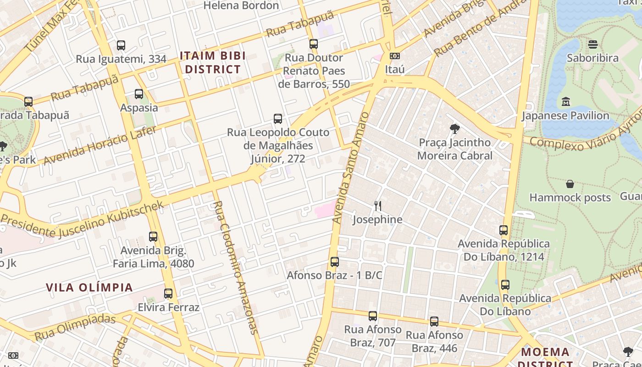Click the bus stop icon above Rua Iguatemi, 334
[x=121, y=45]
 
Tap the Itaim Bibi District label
[x=213, y=62]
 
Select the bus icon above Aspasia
[x=139, y=94]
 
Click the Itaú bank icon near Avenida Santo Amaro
[x=394, y=56]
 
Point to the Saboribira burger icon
[x=593, y=44]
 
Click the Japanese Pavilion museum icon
[x=565, y=101]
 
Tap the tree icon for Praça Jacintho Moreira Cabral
[x=455, y=129]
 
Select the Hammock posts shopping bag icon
[x=570, y=184]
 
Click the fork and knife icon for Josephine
[x=377, y=206]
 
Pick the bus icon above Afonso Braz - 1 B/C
[x=335, y=262]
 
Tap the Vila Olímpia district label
[x=89, y=288]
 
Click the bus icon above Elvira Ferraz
[x=168, y=294]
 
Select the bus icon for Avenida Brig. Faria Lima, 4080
[x=153, y=237]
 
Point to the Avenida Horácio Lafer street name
[x=100, y=145]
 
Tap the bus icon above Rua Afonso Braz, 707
[x=373, y=316]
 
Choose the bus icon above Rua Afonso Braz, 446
[x=434, y=322]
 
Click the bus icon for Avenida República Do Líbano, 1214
[x=504, y=230]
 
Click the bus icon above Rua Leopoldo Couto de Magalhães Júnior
[x=278, y=119]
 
